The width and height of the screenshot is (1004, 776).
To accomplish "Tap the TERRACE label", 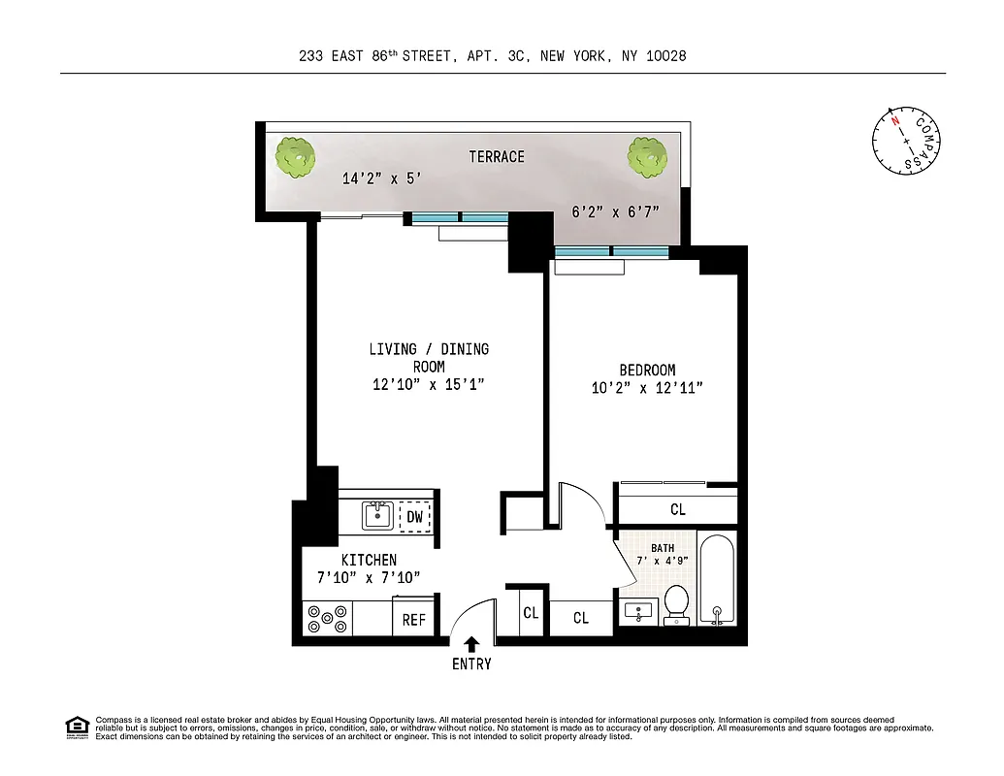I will [497, 156].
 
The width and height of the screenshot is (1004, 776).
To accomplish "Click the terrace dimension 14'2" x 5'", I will [381, 178].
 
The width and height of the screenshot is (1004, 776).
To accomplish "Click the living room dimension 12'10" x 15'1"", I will [428, 385].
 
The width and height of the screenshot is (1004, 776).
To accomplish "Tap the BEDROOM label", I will [647, 370].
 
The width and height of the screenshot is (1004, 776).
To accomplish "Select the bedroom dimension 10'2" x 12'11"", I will [647, 388].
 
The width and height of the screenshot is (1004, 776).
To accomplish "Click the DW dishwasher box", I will [414, 517].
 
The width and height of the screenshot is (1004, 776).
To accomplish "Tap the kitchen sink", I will [377, 515].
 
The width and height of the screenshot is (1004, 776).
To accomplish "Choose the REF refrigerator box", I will [414, 619].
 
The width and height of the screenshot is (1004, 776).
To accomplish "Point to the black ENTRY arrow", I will [471, 643].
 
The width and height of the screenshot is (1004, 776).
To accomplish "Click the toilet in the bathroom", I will [676, 603].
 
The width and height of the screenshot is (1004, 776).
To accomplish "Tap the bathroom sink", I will [637, 612].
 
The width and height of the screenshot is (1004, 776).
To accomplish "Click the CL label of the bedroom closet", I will [677, 509].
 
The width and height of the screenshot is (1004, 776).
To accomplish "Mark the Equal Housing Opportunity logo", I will [76, 726].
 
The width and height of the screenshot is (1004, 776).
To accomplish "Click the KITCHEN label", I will [368, 560].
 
